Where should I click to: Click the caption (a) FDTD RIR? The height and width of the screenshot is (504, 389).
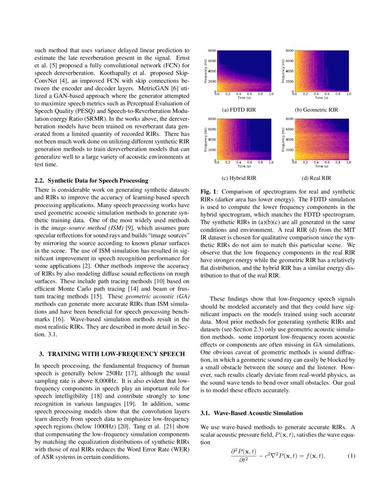click(238, 110)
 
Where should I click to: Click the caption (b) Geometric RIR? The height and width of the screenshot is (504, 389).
click(316, 110)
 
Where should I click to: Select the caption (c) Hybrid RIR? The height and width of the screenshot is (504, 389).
click(238, 178)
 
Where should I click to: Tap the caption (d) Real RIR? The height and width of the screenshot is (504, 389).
click(316, 178)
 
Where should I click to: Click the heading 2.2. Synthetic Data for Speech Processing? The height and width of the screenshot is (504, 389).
click(92, 181)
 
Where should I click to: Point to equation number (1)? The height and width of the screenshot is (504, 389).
click(351, 456)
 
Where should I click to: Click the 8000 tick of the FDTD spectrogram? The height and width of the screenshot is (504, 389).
click(212, 50)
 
